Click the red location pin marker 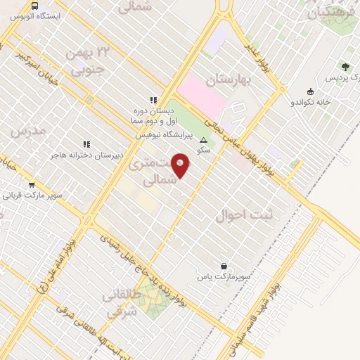tap(181, 165)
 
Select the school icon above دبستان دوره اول tap(153, 100)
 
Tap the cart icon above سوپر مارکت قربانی tap(32, 185)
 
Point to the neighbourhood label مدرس tap(28, 131)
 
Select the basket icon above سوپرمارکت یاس tap(224, 266)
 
